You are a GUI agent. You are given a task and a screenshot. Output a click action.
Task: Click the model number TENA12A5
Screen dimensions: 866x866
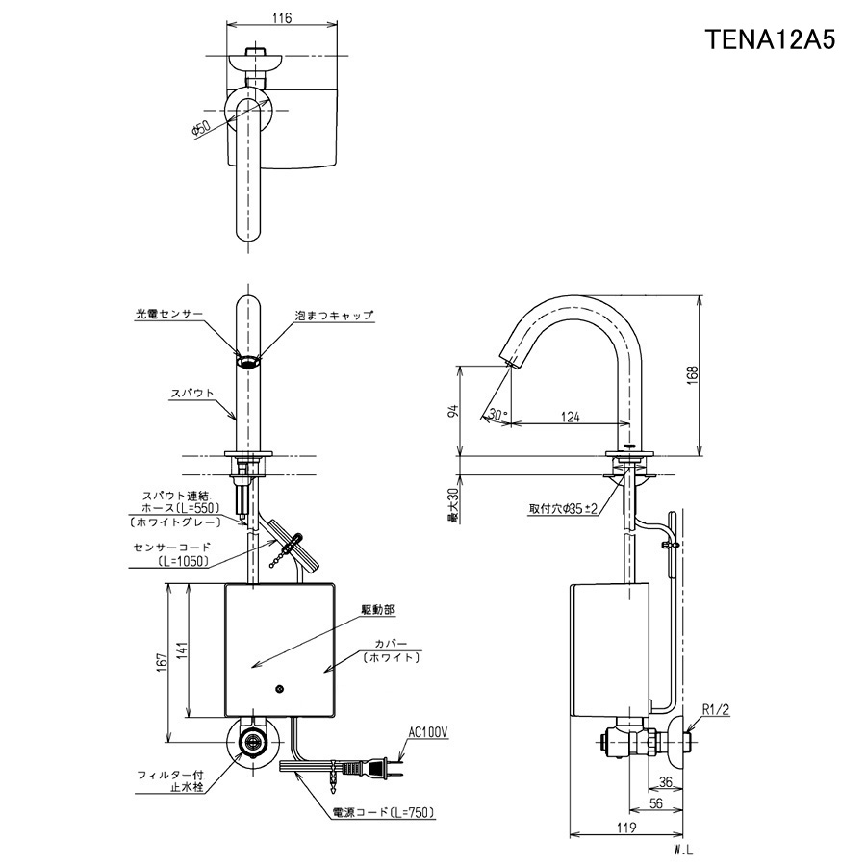click(x=771, y=39)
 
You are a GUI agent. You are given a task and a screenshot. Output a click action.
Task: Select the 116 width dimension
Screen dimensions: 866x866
click(x=282, y=17)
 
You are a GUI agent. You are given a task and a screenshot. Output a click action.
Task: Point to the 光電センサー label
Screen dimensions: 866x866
click(x=169, y=315)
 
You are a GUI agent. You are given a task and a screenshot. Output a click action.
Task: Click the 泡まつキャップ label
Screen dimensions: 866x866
click(x=334, y=316)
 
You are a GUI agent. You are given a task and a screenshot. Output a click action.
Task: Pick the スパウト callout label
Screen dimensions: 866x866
click(x=191, y=394)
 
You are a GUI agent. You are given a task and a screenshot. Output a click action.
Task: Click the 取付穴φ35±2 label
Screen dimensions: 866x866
click(x=564, y=509)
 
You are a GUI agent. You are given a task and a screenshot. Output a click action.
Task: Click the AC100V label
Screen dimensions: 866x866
click(x=428, y=733)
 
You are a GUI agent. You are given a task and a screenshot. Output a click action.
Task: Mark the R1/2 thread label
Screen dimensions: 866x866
click(x=716, y=711)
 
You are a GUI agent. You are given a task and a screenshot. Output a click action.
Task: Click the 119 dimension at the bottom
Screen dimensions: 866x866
click(x=625, y=827)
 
